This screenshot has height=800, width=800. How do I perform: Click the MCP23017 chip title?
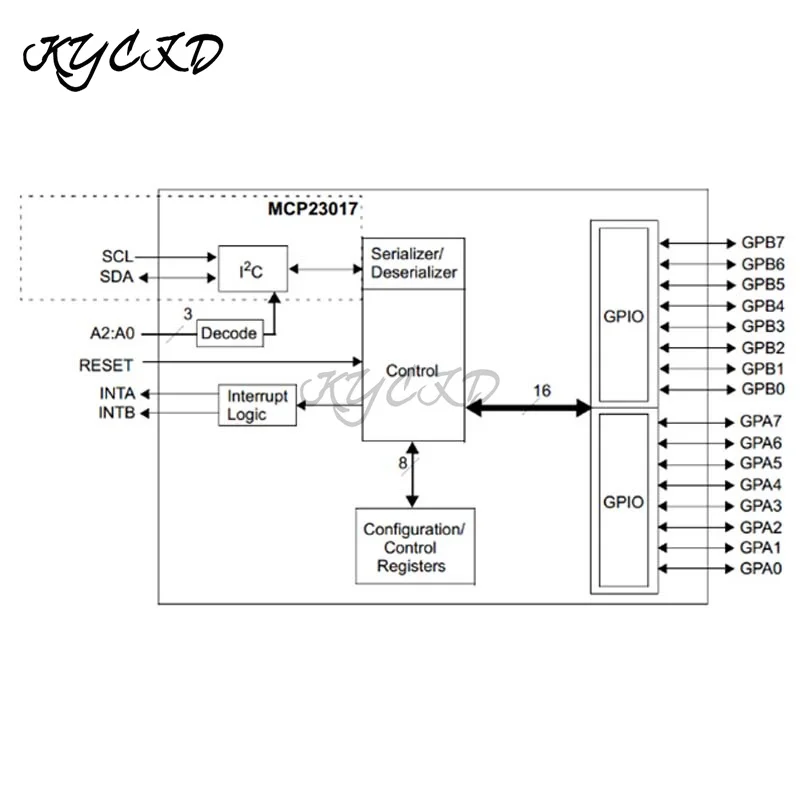click(312, 209)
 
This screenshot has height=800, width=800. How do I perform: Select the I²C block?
click(253, 268)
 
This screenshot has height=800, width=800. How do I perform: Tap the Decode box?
click(230, 333)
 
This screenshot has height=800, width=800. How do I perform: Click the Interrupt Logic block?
click(257, 405)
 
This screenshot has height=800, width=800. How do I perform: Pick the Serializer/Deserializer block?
click(413, 263)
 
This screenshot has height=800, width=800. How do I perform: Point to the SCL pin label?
click(116, 257)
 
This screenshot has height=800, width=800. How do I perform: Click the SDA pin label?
click(116, 277)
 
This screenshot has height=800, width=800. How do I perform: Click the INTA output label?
click(117, 393)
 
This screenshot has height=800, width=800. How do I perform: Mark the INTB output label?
click(117, 413)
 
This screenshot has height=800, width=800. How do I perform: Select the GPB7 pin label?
click(763, 243)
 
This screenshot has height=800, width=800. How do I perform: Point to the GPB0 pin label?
click(763, 389)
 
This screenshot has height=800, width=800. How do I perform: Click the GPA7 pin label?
click(762, 422)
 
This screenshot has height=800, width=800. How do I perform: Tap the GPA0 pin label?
click(762, 568)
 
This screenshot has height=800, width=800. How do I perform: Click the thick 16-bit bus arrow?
click(529, 407)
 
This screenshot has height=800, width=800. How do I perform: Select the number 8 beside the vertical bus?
click(402, 462)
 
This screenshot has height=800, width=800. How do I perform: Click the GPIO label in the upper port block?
click(623, 317)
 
